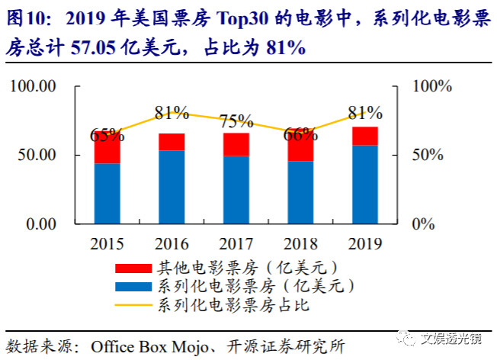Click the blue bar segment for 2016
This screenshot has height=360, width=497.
(172, 187)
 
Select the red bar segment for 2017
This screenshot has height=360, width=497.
(236, 144)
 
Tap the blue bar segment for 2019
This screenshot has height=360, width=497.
(364, 185)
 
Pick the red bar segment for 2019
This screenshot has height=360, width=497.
(364, 136)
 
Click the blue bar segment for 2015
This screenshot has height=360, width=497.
(107, 194)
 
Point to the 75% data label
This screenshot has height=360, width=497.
(236, 121)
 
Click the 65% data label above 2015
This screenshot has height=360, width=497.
(107, 136)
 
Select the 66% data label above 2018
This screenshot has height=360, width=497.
(300, 135)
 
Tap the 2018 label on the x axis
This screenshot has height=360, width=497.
(300, 245)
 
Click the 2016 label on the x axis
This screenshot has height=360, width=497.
(172, 245)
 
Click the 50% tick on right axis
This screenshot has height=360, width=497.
(427, 155)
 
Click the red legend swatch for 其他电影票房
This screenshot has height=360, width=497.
(133, 268)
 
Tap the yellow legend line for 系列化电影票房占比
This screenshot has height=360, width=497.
(133, 307)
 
